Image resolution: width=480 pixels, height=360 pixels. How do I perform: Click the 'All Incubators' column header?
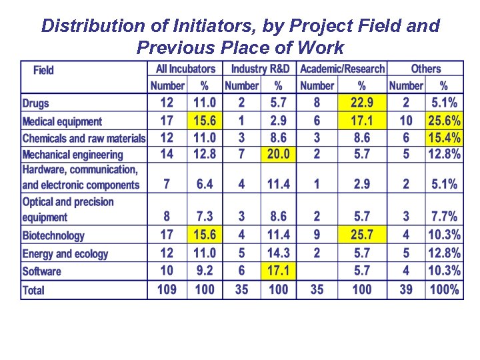(185, 69)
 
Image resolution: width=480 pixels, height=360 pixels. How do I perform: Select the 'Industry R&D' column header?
(260, 69)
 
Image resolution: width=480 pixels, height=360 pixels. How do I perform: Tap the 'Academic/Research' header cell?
(342, 69)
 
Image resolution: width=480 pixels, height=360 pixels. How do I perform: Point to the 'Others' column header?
(425, 69)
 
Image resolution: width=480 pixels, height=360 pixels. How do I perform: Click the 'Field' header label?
(43, 70)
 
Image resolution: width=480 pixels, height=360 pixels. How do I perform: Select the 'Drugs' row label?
(36, 103)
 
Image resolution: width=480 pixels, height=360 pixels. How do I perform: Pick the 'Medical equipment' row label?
(62, 121)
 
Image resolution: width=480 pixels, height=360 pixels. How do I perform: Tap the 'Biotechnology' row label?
(53, 235)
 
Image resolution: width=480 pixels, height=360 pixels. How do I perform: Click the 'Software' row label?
(41, 271)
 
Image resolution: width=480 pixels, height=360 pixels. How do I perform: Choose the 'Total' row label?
(33, 290)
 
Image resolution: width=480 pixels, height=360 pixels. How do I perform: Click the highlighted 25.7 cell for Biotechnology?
(361, 235)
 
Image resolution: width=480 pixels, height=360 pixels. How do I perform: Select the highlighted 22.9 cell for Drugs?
(361, 103)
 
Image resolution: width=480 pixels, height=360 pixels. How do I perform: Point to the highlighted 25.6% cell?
(444, 121)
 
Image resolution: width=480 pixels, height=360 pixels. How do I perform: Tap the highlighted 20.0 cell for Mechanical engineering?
(278, 154)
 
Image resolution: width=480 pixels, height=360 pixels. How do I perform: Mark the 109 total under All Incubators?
(167, 289)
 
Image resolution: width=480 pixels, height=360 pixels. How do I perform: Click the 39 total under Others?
(406, 289)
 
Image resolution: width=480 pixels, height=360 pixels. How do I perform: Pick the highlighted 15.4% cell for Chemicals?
(444, 138)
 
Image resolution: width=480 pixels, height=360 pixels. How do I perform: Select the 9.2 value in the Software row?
(204, 271)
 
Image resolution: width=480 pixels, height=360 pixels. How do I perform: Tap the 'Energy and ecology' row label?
(65, 253)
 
